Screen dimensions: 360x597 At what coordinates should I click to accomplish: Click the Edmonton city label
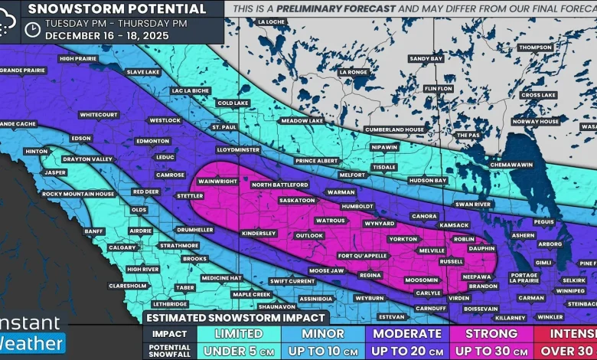click(152, 141)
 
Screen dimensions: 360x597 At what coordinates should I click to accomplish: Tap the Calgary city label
click(122, 247)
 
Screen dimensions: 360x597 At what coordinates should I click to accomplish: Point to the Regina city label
click(370, 275)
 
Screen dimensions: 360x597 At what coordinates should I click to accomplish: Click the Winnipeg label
click(570, 291)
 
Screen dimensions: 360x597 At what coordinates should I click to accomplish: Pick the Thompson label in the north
click(534, 47)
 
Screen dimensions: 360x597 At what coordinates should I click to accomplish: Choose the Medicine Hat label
click(221, 278)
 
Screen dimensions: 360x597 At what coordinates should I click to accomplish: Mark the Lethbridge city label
click(169, 303)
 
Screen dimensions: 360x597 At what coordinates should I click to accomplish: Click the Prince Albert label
click(317, 161)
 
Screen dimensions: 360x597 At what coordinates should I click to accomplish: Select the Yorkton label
click(403, 239)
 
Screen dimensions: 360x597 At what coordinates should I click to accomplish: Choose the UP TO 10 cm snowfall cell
click(322, 351)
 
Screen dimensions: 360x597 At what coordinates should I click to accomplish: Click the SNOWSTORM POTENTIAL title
click(116, 9)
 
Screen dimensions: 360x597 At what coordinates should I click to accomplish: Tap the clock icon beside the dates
click(32, 29)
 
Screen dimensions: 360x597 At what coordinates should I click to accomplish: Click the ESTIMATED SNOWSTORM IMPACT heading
click(236, 317)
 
